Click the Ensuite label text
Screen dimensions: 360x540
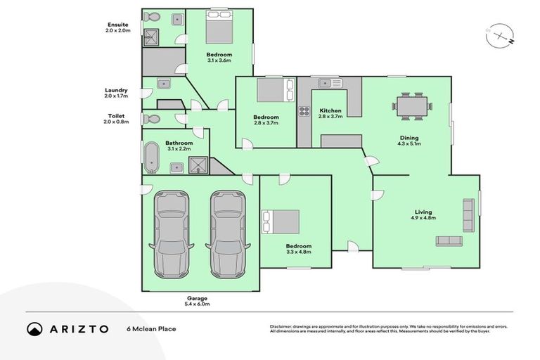[x=117, y=25]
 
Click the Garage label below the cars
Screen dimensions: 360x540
[x=197, y=298]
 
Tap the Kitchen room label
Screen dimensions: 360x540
[x=330, y=110]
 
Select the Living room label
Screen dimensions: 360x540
[x=423, y=212]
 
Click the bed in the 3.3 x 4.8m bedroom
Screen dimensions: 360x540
[x=281, y=222]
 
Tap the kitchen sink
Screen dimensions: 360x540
[x=329, y=84]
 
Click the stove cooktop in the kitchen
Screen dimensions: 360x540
[x=304, y=110]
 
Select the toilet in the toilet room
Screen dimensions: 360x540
[x=147, y=120]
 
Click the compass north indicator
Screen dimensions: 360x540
[x=498, y=35]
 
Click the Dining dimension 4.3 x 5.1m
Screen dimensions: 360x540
[x=409, y=145]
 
